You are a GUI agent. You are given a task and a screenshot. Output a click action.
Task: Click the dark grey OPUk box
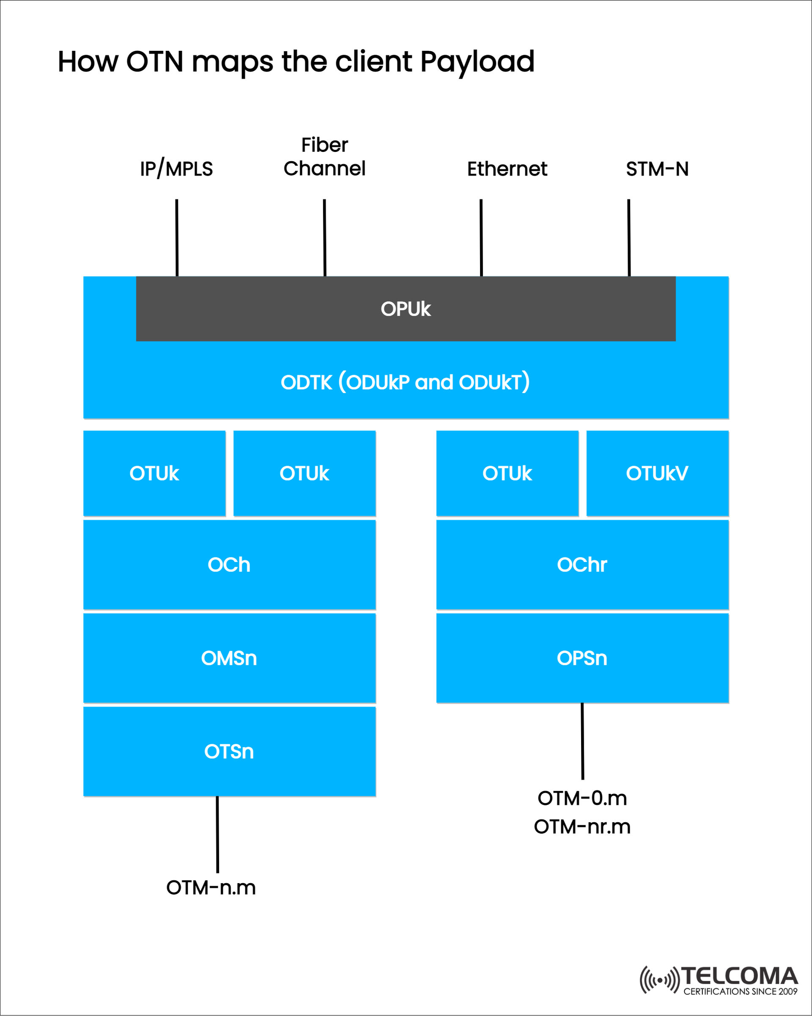click(x=406, y=308)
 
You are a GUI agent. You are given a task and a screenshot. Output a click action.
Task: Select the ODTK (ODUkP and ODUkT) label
click(x=406, y=382)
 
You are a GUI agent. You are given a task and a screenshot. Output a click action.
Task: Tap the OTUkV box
click(x=657, y=473)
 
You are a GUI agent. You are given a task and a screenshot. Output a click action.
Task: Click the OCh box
click(x=229, y=564)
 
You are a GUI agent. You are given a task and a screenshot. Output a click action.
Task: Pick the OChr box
click(x=582, y=564)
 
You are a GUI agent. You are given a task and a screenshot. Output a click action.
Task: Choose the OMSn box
click(x=229, y=658)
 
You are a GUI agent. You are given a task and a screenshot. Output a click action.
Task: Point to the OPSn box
click(x=582, y=658)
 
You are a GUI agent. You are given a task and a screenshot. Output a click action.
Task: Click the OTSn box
click(x=229, y=751)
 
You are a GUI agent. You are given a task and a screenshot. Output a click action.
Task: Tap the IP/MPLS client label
click(x=177, y=169)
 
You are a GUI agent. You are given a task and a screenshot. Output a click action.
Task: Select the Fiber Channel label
click(x=324, y=157)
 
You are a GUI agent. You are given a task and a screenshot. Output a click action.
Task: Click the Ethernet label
click(x=507, y=169)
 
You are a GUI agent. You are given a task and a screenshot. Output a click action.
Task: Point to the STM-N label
click(x=657, y=169)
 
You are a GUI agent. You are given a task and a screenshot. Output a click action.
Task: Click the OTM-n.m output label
click(x=211, y=888)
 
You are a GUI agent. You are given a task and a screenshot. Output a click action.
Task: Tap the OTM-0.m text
click(x=582, y=798)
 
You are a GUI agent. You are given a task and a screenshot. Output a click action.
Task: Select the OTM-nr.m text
click(x=582, y=826)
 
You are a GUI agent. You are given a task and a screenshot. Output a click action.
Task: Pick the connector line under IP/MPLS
click(x=177, y=237)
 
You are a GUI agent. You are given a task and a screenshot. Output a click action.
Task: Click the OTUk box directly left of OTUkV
click(x=507, y=473)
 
